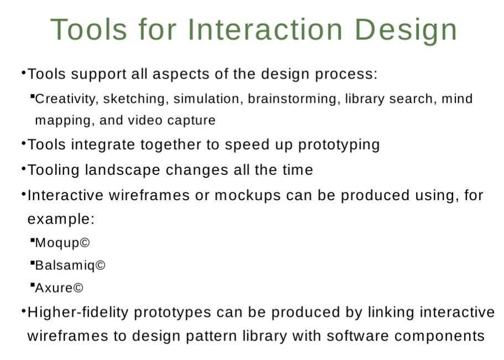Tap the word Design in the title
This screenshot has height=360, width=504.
pyautogui.click(x=406, y=30)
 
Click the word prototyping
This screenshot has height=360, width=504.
pyautogui.click(x=339, y=145)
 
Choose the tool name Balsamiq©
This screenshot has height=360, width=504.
pyautogui.click(x=70, y=266)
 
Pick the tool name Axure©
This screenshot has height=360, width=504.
pyautogui.click(x=59, y=288)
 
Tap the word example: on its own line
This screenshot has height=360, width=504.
pyautogui.click(x=61, y=220)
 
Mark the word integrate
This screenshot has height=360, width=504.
pyautogui.click(x=102, y=145)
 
